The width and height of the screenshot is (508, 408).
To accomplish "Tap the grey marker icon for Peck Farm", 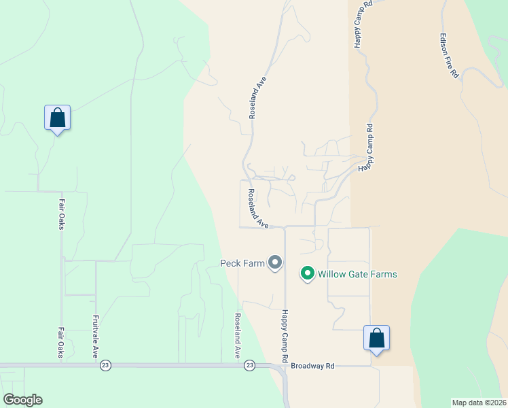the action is [x=275, y=262].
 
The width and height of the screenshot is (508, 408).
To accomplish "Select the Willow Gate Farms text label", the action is [x=358, y=274].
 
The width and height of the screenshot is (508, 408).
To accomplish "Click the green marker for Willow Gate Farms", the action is [x=307, y=273].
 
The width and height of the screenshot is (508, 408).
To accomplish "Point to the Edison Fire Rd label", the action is [x=449, y=57].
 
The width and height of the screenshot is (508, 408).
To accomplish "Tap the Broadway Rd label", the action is [x=312, y=366].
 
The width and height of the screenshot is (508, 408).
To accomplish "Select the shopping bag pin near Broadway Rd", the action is [x=376, y=338].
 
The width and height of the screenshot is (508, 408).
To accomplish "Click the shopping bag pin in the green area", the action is [x=58, y=118].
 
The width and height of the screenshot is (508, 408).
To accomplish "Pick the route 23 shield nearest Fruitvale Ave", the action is [x=105, y=366].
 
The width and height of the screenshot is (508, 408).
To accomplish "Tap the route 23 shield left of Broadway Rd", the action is [x=250, y=366].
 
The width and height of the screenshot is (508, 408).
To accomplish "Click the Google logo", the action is [x=22, y=400].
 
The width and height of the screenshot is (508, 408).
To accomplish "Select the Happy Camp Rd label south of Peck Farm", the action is [x=286, y=336].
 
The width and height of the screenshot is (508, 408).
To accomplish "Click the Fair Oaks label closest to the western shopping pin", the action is [x=61, y=214].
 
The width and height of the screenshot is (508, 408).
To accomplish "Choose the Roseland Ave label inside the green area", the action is [x=238, y=336].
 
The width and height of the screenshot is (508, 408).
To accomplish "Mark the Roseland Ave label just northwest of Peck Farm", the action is [x=257, y=209].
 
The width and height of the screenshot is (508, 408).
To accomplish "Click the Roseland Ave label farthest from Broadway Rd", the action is [x=257, y=98].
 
